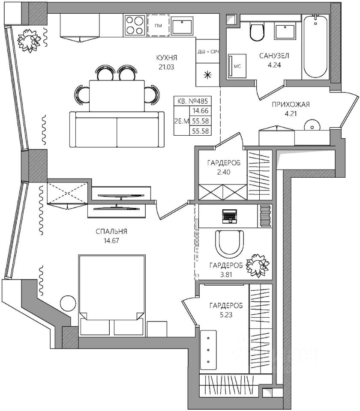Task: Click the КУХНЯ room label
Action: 167,58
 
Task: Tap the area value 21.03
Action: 167,67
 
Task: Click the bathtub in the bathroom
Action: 315,47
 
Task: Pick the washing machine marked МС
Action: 237,66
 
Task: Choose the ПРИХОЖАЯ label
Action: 291,104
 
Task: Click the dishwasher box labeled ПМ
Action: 158,25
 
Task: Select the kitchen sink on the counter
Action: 183,26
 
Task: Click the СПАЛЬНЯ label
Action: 111,232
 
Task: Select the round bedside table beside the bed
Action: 67,304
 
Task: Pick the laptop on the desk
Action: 229,216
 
